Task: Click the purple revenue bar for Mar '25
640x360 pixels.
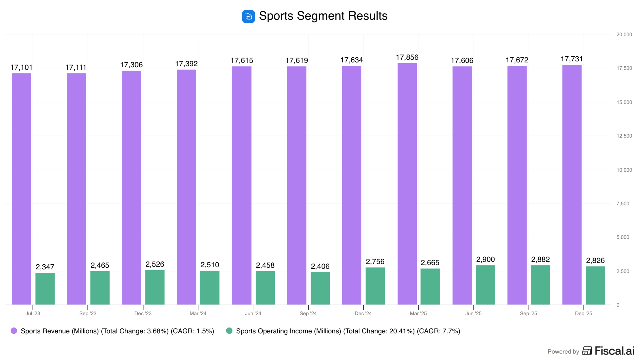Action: click(407, 184)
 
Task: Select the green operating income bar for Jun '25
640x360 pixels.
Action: click(485, 285)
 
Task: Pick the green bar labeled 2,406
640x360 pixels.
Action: click(320, 288)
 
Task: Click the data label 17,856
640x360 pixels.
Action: click(407, 57)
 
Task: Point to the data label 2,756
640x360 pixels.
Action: click(375, 262)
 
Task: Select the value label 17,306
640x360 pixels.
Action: click(131, 65)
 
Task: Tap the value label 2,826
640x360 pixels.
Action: click(595, 260)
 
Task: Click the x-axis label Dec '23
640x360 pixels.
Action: click(143, 313)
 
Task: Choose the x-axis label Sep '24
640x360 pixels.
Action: click(308, 313)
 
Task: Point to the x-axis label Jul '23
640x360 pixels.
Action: click(33, 313)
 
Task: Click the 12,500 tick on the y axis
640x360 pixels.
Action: click(624, 136)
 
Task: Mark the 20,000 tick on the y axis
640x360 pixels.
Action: click(624, 35)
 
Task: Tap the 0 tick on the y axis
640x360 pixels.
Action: click(618, 305)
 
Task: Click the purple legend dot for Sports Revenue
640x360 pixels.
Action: click(14, 331)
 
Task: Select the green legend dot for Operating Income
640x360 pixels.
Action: click(229, 331)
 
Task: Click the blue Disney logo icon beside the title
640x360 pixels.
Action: click(248, 16)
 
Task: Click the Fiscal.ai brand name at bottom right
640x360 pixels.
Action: click(614, 351)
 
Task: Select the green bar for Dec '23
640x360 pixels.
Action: click(155, 287)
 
